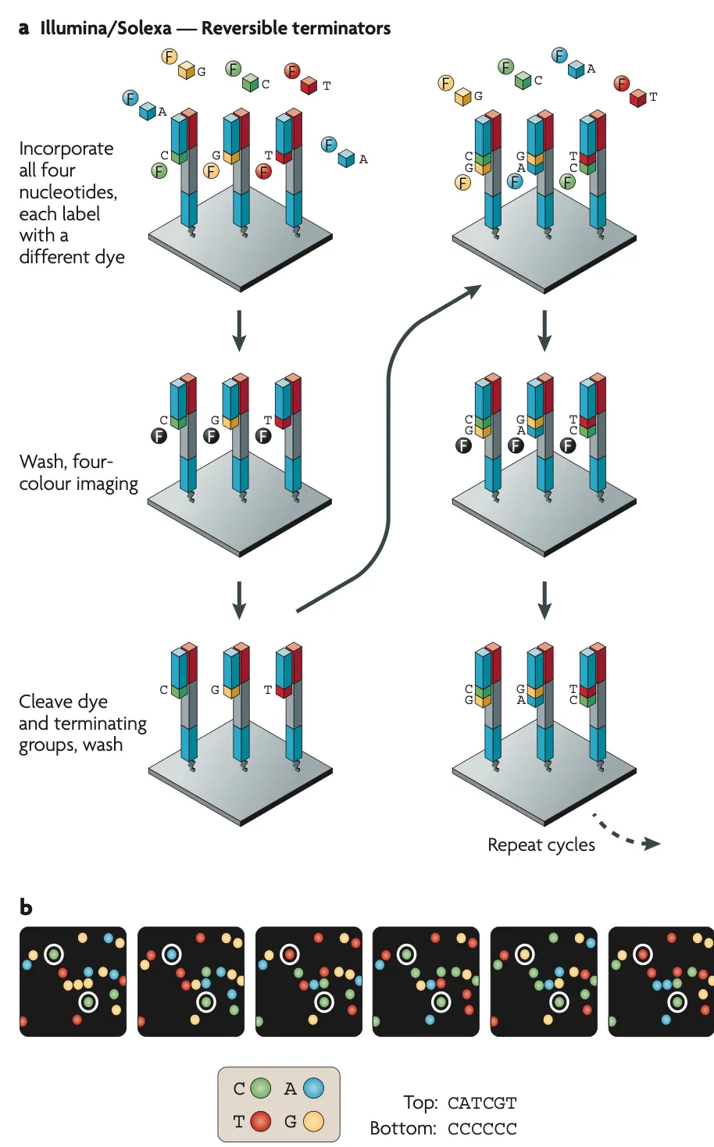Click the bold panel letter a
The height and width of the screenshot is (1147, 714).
[24, 29]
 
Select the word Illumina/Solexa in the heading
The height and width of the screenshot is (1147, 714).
[105, 29]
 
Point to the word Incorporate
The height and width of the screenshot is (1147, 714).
[66, 148]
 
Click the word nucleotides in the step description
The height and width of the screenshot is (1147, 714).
[67, 192]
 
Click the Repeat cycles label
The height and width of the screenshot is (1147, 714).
[541, 845]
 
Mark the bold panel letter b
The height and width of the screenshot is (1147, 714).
[26, 907]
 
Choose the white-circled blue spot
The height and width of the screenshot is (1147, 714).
[171, 954]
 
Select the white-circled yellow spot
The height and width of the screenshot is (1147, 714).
[525, 954]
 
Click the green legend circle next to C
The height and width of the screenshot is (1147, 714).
[260, 1088]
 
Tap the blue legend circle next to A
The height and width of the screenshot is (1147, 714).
[313, 1088]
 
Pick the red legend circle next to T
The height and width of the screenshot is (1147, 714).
[260, 1122]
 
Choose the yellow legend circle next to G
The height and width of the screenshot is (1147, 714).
[313, 1122]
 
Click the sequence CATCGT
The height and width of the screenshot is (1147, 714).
[482, 1103]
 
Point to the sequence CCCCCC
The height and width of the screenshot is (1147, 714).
[482, 1129]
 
